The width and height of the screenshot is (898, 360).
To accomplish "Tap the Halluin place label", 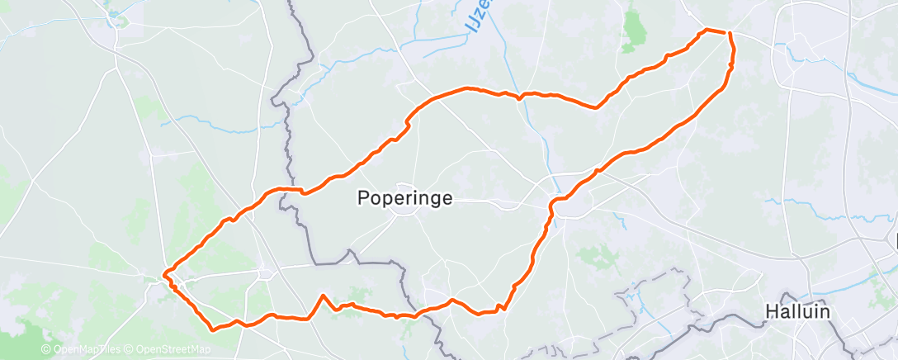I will point(797,312).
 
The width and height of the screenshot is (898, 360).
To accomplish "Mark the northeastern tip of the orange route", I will point(728,32).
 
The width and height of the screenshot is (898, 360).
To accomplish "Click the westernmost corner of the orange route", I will point(164,272).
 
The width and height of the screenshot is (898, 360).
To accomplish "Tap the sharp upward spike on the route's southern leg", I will point(323,296).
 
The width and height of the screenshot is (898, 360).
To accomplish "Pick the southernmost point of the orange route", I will point(214,329).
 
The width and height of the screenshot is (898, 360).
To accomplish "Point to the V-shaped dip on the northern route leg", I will point(597,107).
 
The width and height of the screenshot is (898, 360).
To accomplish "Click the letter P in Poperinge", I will point(363,198).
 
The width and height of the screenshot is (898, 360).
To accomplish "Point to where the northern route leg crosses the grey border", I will point(290,189).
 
